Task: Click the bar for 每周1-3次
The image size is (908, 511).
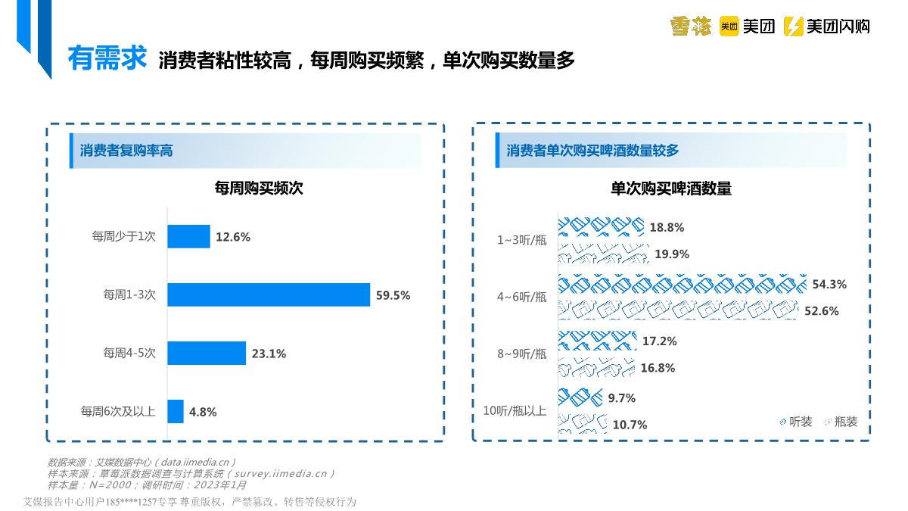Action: (269, 294)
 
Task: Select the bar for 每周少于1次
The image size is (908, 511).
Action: (188, 236)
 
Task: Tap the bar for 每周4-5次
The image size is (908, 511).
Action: (207, 353)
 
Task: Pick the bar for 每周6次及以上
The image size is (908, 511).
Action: (176, 411)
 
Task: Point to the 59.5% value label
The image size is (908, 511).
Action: (393, 295)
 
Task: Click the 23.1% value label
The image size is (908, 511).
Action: (269, 354)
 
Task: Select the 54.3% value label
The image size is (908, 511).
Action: (829, 285)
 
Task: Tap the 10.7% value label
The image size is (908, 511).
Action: (630, 425)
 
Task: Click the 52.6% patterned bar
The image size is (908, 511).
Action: (678, 310)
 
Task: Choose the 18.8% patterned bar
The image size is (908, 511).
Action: (602, 226)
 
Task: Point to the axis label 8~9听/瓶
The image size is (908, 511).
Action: (521, 354)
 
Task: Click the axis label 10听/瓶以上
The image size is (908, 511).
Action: (515, 411)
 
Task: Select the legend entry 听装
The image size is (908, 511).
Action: (795, 422)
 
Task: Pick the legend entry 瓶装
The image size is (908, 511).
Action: (841, 422)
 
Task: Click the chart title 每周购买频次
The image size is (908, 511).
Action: (259, 189)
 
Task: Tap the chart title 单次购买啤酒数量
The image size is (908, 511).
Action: (671, 189)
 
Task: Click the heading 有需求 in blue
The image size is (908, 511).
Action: (107, 58)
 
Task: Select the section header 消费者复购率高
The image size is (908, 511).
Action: (126, 151)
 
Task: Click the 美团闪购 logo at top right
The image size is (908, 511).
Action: (826, 26)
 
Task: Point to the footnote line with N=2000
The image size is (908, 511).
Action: (147, 485)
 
